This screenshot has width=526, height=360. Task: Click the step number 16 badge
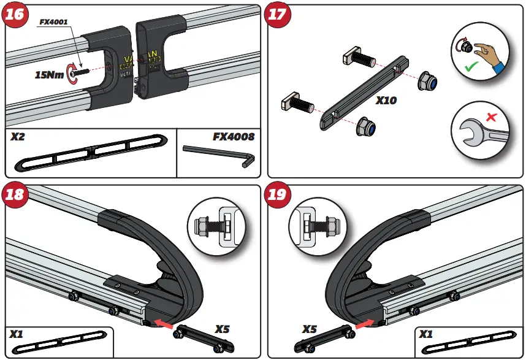[x=15, y=15]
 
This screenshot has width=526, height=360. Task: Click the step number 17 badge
[x=278, y=15]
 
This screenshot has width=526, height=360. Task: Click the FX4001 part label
[x=53, y=21]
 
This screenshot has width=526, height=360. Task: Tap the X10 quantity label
[x=386, y=99]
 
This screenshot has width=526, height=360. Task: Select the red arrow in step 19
[x=364, y=320]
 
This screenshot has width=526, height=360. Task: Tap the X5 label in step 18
[x=222, y=329]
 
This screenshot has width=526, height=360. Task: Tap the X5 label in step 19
[x=312, y=329]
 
